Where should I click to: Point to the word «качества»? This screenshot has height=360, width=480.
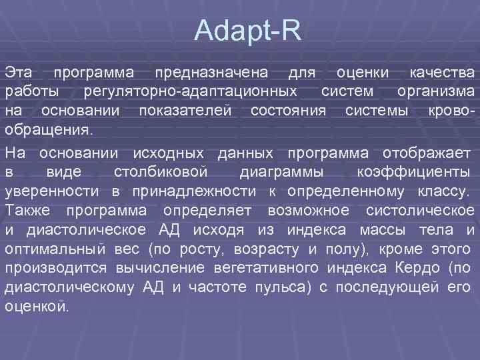[442, 71]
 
